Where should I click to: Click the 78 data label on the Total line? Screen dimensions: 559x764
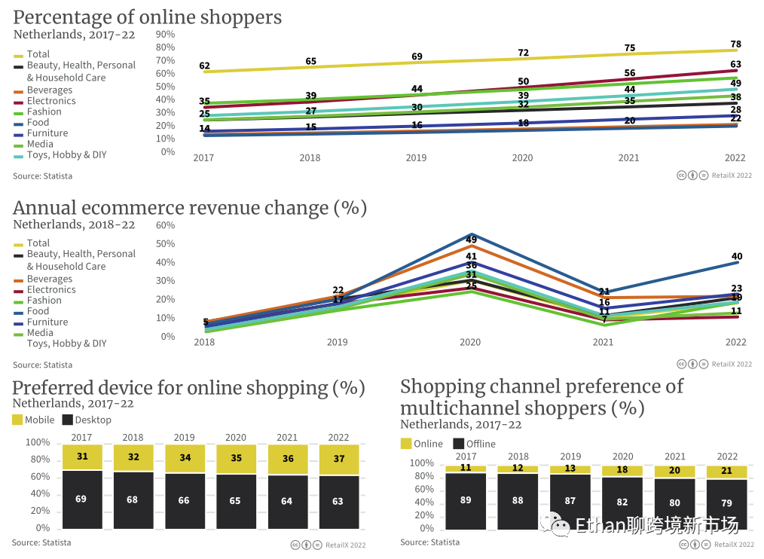click(735, 44)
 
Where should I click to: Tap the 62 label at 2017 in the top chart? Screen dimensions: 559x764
click(204, 66)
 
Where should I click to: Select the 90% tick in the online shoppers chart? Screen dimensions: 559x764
click(166, 35)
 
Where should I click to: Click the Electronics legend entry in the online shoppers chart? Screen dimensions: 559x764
click(51, 101)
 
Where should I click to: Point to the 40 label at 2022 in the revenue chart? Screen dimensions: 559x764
click(736, 257)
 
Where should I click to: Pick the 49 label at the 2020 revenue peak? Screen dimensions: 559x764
click(471, 240)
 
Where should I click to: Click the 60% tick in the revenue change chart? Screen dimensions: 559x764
click(166, 225)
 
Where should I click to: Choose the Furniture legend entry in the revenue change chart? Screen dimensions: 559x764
click(47, 322)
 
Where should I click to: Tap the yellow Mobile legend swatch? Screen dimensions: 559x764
click(17, 420)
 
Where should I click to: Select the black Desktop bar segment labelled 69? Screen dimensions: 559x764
click(81, 499)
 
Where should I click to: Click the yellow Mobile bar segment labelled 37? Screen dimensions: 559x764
click(338, 460)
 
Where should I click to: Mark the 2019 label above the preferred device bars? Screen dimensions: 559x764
click(184, 438)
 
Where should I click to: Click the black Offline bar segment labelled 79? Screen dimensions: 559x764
click(726, 503)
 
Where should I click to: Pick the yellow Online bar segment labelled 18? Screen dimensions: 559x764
click(622, 470)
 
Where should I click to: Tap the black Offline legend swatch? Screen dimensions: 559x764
click(458, 444)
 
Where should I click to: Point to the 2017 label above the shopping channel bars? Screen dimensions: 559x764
click(466, 457)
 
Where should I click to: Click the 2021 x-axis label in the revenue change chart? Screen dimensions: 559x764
click(603, 343)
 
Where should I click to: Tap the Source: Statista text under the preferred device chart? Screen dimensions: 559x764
click(42, 542)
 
